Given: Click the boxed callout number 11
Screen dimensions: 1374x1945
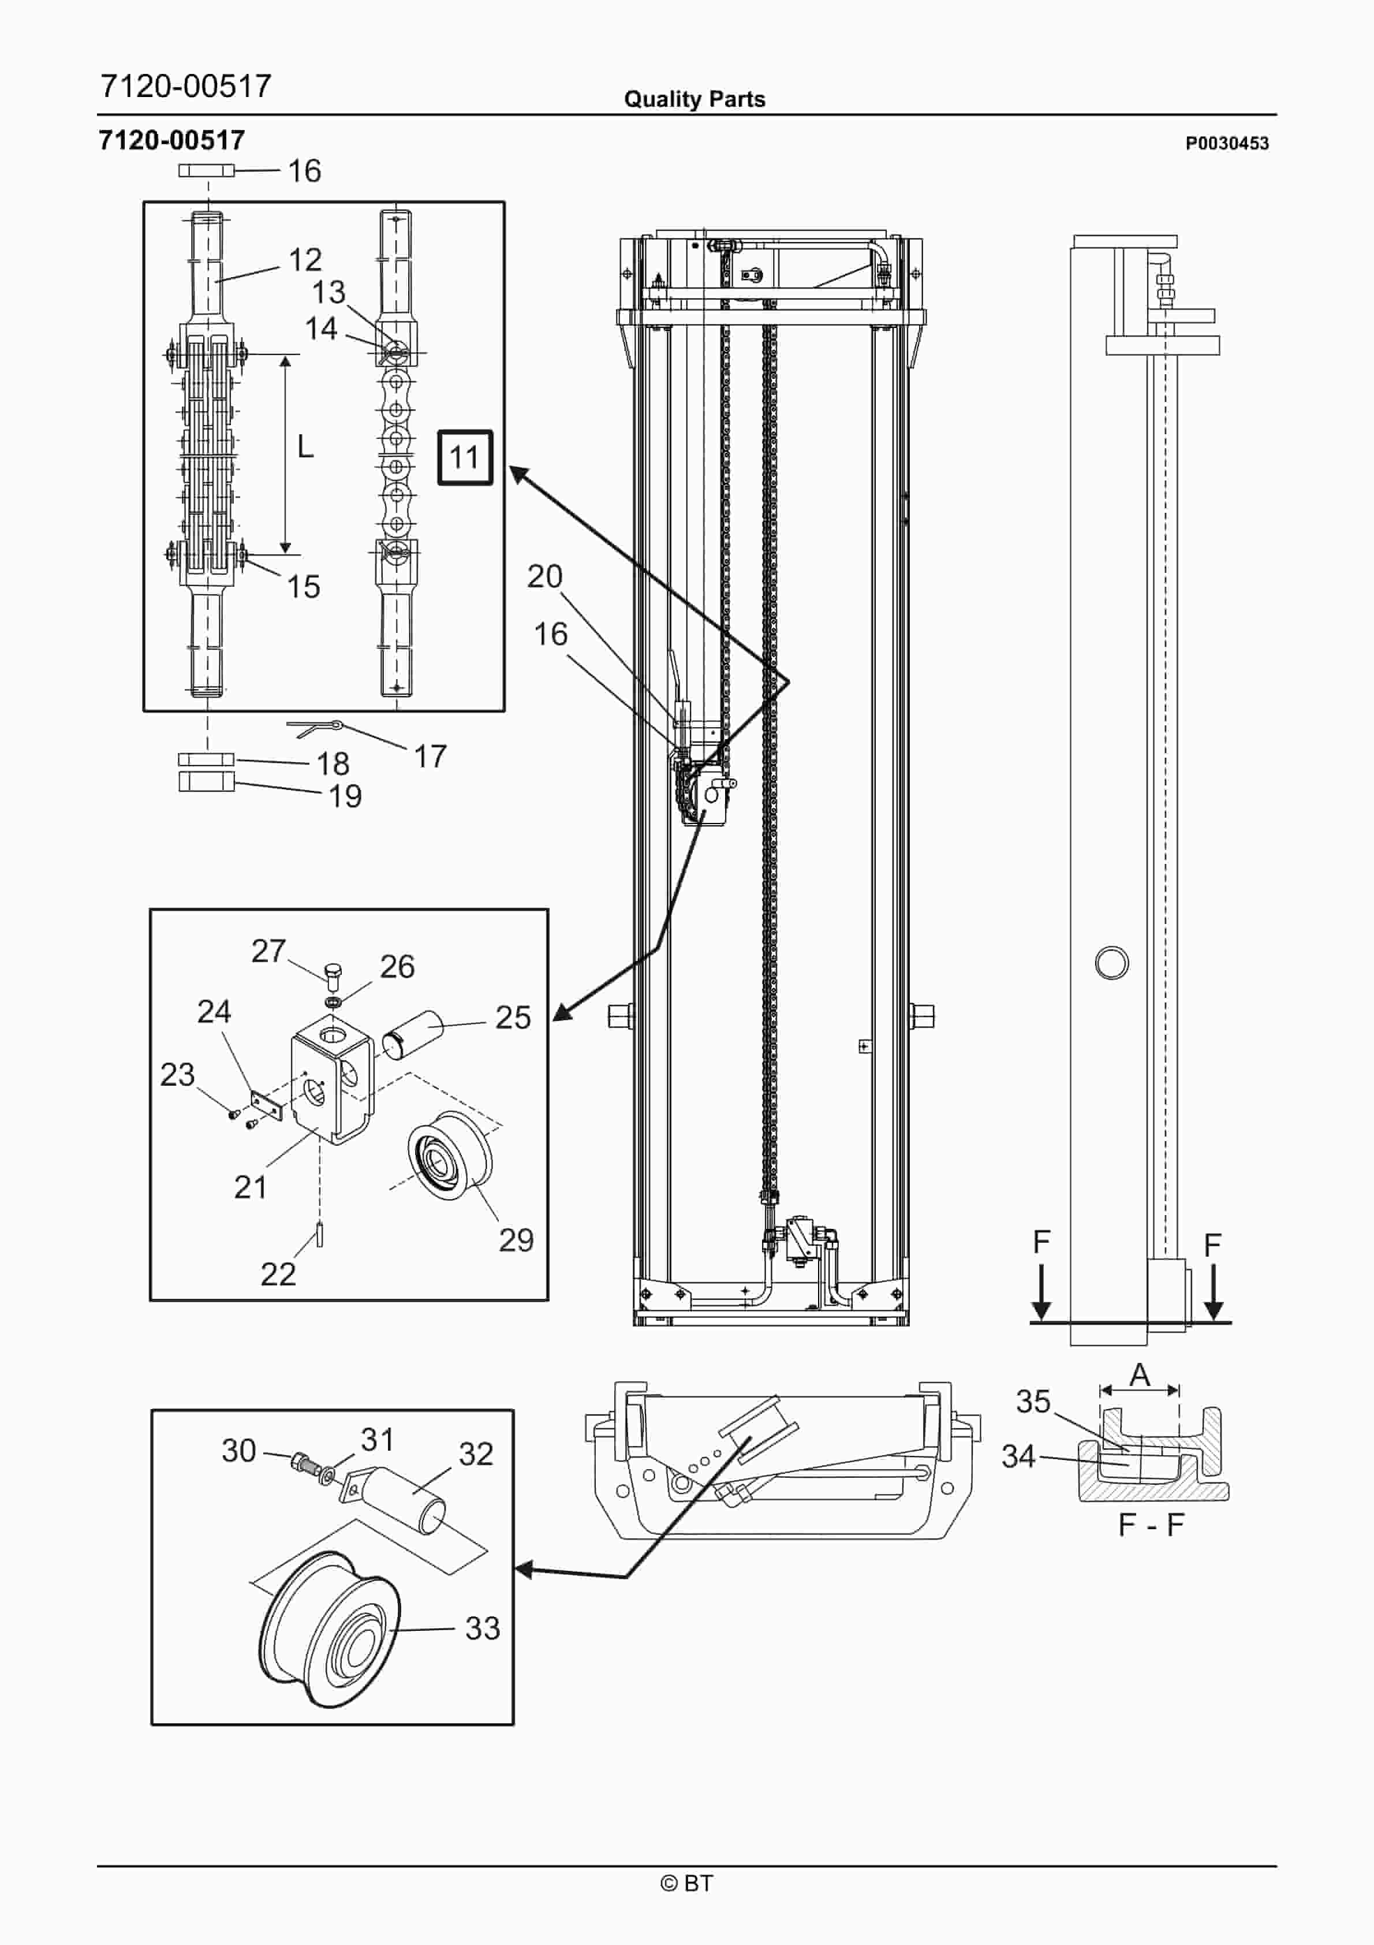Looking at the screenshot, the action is [464, 457].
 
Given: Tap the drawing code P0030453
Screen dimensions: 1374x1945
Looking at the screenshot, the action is [1227, 143].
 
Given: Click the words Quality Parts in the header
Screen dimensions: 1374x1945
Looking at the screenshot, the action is [695, 99].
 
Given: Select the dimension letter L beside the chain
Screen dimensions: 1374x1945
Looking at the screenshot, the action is [305, 446].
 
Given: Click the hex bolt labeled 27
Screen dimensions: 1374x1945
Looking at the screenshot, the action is [333, 977].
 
